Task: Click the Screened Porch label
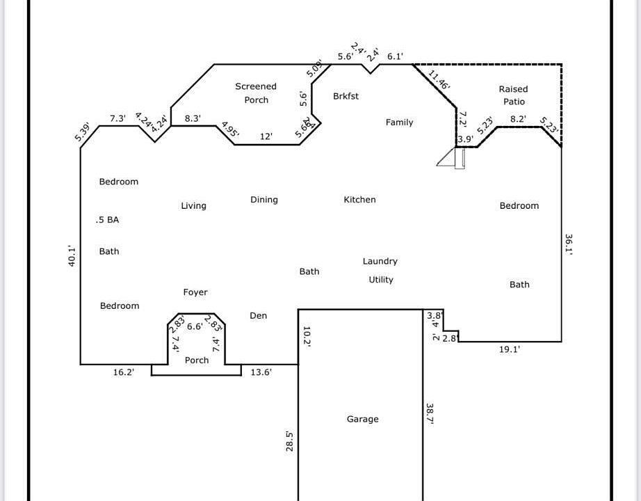tap(256, 93)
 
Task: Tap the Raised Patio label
tap(514, 95)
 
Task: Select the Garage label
tap(363, 419)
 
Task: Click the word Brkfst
tap(346, 96)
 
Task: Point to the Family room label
tap(399, 122)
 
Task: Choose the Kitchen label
tap(359, 200)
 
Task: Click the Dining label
tap(264, 200)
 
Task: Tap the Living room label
tap(193, 205)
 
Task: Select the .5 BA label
tap(107, 220)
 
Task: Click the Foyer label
tap(195, 292)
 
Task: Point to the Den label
tap(258, 316)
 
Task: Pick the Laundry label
tap(380, 262)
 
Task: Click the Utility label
tap(381, 280)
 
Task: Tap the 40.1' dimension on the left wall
tap(72, 256)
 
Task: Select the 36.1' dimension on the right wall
tap(569, 246)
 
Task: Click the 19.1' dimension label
tap(510, 350)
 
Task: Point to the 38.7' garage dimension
tap(430, 414)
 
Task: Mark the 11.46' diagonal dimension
tap(439, 80)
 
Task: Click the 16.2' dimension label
tap(123, 372)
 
